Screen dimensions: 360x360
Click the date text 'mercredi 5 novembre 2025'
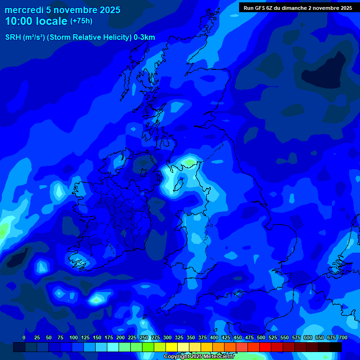[x=63, y=10]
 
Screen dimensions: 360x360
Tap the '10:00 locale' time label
[x=37, y=21]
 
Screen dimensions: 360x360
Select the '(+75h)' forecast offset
[x=81, y=21]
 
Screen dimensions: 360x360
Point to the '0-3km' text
[x=144, y=37]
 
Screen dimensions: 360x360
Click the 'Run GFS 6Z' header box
[x=298, y=7]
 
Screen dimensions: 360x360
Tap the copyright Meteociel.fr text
[x=199, y=357]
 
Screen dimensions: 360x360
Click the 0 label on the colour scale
[x=24, y=337]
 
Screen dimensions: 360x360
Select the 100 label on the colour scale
[x=74, y=337]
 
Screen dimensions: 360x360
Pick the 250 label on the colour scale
[x=144, y=337]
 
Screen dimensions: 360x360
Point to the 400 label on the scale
[x=214, y=337]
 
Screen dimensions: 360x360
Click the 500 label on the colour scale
[x=261, y=337]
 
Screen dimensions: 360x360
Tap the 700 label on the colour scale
[x=343, y=337]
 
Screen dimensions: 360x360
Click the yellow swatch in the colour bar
[x=172, y=347]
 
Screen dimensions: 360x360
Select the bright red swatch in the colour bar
[x=265, y=347]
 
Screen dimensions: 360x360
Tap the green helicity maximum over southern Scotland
[x=189, y=162]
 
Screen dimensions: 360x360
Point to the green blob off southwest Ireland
[x=97, y=298]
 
